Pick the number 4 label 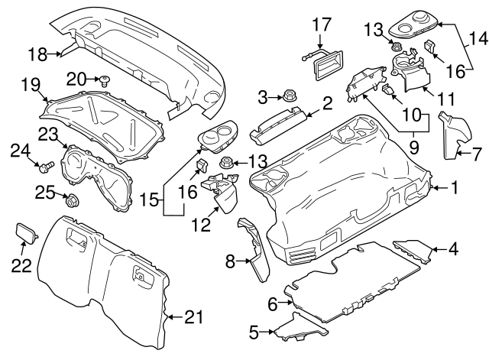point(454,248)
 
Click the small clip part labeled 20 point(102,79)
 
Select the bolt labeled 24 point(47,164)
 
